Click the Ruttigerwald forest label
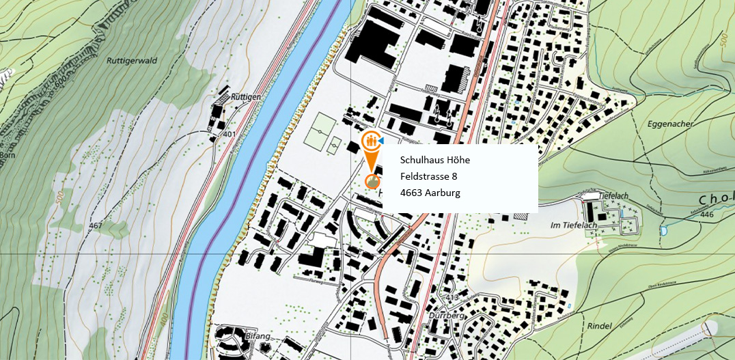132,60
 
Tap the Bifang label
252,337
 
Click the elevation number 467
95,225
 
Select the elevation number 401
229,134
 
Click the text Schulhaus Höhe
435,161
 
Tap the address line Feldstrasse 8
428,177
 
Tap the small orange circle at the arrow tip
372,181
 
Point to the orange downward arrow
371,163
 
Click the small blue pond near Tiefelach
663,231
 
